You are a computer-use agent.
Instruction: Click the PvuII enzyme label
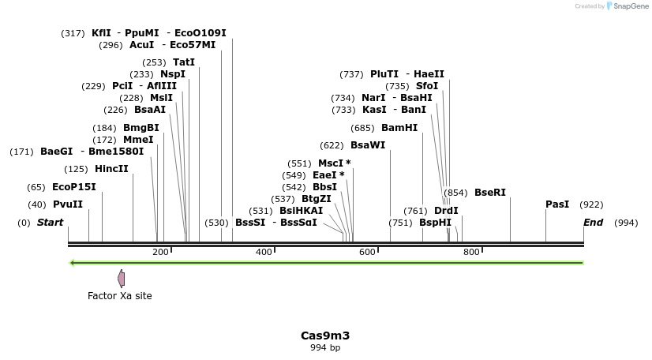point(67,204)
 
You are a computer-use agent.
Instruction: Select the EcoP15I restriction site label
point(73,187)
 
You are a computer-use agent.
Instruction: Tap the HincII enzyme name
point(111,169)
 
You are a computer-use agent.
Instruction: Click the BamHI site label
point(399,128)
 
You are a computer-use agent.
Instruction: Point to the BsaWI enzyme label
point(368,145)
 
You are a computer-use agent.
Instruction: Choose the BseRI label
point(490,193)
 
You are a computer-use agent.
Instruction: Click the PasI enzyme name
point(557,204)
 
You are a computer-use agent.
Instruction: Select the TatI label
point(184,62)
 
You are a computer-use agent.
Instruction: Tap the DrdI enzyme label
point(446,211)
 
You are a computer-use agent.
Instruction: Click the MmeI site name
point(138,140)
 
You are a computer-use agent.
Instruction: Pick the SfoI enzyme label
point(427,86)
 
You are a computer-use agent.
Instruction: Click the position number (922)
point(591,205)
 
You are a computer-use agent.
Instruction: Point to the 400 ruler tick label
point(264,252)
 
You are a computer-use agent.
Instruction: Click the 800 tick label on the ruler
point(471,252)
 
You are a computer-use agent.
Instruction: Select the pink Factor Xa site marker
point(121,278)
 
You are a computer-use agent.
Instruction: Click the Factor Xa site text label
point(120,296)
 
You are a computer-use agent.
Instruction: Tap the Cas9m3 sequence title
point(325,336)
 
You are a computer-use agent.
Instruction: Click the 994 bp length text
point(325,347)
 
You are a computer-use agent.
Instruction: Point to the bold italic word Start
point(50,223)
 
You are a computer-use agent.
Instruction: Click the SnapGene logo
point(628,6)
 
